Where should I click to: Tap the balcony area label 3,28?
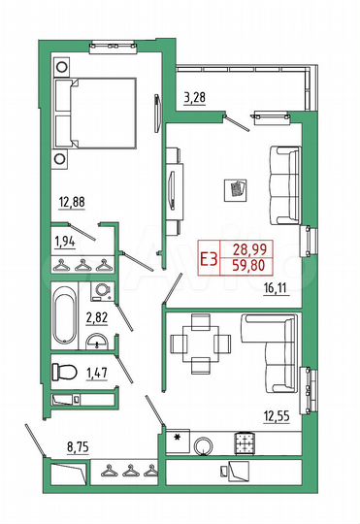[196, 97]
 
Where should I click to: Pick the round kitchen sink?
[205, 445]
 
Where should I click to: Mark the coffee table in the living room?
[237, 188]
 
